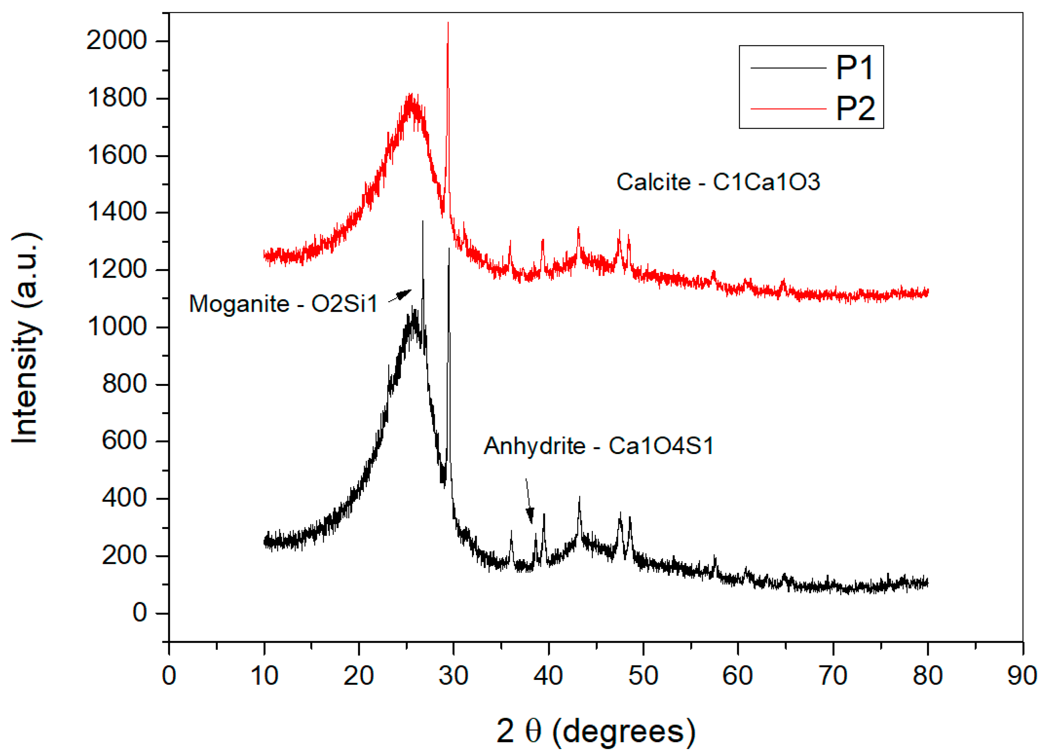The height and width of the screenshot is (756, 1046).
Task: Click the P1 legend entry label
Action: (x=855, y=68)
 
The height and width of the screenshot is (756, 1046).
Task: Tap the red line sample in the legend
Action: (x=788, y=109)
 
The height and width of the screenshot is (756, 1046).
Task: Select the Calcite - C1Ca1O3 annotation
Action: (x=718, y=182)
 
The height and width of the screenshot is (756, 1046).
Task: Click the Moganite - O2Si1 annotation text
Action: (x=283, y=304)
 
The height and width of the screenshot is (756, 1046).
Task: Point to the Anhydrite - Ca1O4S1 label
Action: (x=599, y=446)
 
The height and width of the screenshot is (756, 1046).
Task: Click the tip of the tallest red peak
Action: (x=448, y=23)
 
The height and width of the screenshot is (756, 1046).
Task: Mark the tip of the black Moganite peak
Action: (x=423, y=222)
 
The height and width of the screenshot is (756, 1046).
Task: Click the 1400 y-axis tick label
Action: (x=116, y=212)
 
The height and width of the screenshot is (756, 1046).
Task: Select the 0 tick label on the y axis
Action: (x=139, y=613)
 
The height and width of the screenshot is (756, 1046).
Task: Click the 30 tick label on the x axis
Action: (x=454, y=676)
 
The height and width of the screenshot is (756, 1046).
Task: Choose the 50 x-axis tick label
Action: (x=643, y=676)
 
